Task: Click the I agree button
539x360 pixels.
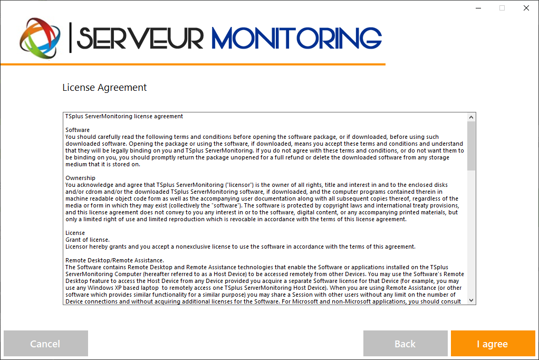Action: coord(493,344)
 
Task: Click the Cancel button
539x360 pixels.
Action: coord(45,344)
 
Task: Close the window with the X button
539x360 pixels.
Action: coord(526,8)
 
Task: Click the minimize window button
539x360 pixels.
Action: coord(478,8)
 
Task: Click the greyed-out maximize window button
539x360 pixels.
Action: coord(502,8)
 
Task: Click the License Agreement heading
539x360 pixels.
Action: coord(104,88)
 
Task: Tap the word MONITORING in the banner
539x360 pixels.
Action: coord(296,37)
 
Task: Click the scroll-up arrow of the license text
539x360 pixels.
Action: coord(471,117)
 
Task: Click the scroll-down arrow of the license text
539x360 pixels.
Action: coord(471,300)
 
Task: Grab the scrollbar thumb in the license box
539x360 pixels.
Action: coord(471,146)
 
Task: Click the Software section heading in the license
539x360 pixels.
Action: coord(78,130)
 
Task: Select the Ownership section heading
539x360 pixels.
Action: coord(80,178)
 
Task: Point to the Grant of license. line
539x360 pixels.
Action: coord(88,240)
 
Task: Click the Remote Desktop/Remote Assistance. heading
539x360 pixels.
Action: coord(114,260)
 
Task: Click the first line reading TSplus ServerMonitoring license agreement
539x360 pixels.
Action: coord(124,116)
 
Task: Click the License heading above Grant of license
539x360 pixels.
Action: coord(75,233)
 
